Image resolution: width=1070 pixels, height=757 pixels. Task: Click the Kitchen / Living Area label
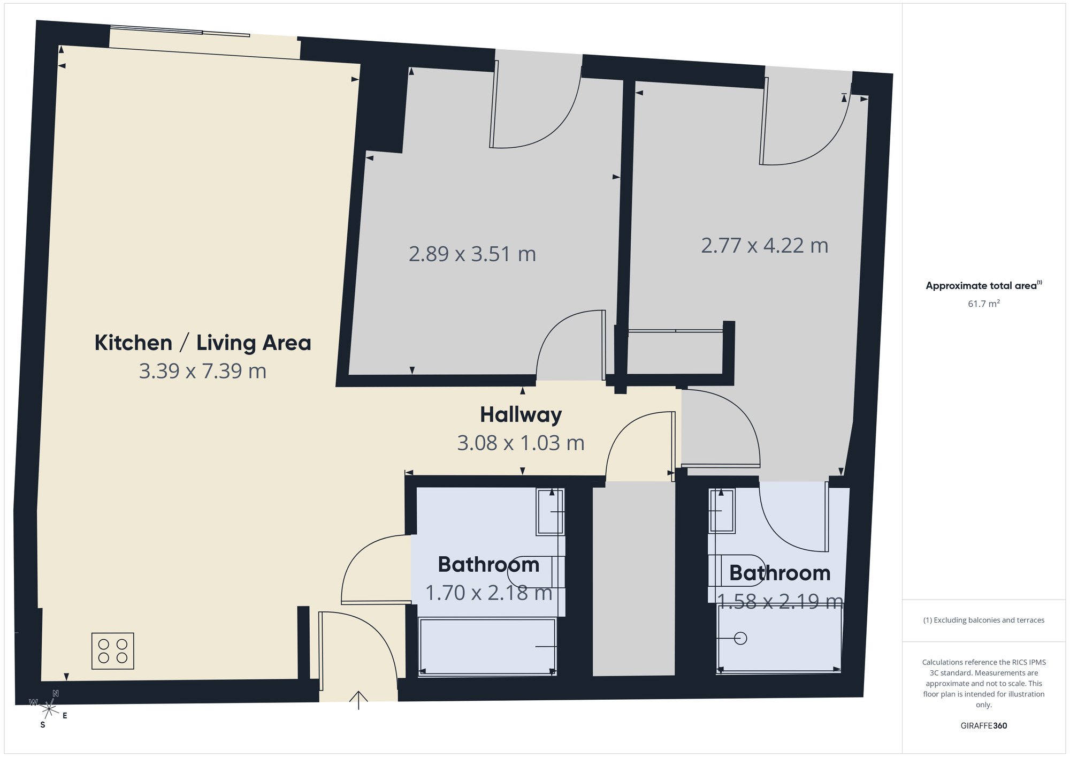(203, 343)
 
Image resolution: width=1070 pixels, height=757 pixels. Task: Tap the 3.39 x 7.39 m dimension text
(203, 371)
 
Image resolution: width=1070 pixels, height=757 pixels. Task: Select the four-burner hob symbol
(113, 651)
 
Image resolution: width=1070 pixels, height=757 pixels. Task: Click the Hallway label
(521, 414)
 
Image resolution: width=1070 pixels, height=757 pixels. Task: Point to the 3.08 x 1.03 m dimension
(521, 443)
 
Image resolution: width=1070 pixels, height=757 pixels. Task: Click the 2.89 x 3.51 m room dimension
(472, 254)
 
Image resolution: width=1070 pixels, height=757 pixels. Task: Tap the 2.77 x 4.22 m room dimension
(765, 246)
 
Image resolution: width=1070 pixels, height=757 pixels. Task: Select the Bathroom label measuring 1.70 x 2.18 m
(488, 564)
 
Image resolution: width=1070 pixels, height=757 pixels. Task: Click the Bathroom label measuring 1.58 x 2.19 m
(779, 573)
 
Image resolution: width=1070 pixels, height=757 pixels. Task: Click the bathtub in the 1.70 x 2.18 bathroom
(487, 646)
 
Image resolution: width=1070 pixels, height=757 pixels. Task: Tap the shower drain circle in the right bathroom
(740, 638)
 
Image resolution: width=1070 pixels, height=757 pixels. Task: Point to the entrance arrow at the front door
(358, 700)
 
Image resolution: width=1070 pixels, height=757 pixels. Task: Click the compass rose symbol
(49, 709)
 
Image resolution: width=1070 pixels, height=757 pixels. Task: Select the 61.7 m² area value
(983, 304)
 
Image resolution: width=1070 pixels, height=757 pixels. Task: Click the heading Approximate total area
(982, 285)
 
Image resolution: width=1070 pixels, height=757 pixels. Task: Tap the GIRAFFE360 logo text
(983, 725)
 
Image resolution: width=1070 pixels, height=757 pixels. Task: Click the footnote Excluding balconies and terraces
(983, 620)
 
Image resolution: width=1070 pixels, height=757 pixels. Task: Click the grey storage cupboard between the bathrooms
(633, 578)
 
